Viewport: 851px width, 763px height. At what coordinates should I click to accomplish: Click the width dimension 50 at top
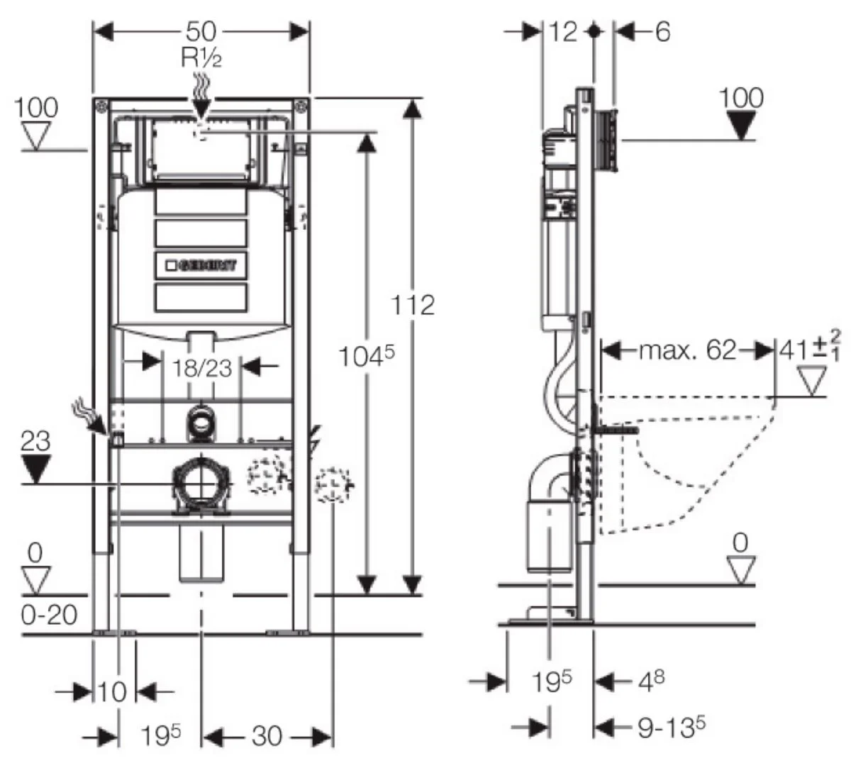tap(201, 32)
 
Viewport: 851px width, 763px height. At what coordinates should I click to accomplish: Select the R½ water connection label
tap(201, 57)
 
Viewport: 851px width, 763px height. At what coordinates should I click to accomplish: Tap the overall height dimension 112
tap(413, 305)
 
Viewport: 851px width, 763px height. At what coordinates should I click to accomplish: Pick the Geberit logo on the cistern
tap(201, 266)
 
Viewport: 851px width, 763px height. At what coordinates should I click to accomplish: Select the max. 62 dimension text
tap(687, 350)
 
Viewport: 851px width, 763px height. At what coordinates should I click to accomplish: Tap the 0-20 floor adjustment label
tap(49, 614)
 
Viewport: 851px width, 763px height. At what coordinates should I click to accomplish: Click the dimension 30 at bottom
tap(267, 736)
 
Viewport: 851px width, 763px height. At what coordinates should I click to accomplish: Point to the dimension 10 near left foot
tap(111, 691)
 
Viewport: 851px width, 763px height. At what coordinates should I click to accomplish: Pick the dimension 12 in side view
tap(564, 32)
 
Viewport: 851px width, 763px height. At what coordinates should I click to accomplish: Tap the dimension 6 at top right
tap(661, 32)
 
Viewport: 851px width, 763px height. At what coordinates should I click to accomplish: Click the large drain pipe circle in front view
tap(202, 484)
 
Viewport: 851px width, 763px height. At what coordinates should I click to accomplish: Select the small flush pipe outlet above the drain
tap(202, 423)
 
